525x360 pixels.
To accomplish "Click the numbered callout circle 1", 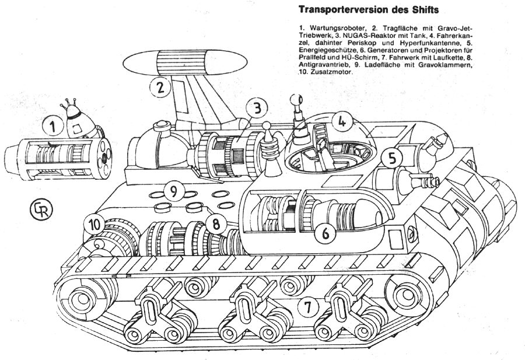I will click(x=54, y=125).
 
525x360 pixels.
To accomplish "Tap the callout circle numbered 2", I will click(x=160, y=88).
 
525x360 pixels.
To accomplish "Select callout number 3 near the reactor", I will click(x=257, y=107).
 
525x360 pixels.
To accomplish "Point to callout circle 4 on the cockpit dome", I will click(x=344, y=122).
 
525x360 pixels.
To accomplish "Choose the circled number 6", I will click(x=325, y=233).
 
